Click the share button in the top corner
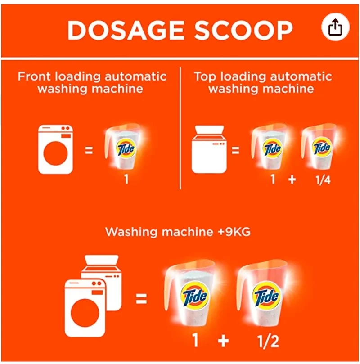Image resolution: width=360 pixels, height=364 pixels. (x=335, y=28)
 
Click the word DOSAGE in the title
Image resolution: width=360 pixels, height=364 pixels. (x=125, y=30)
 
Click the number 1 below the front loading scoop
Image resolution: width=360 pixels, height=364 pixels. (x=126, y=180)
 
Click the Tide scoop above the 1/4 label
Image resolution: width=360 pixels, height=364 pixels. (x=321, y=148)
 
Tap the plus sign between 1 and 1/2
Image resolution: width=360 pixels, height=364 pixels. (x=223, y=341)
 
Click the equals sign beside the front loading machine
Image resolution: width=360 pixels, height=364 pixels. (x=89, y=151)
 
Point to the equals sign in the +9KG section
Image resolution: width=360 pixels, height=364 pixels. (x=141, y=298)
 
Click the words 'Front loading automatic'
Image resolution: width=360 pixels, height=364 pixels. (x=92, y=76)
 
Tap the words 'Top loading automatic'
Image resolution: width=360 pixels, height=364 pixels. (x=263, y=76)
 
